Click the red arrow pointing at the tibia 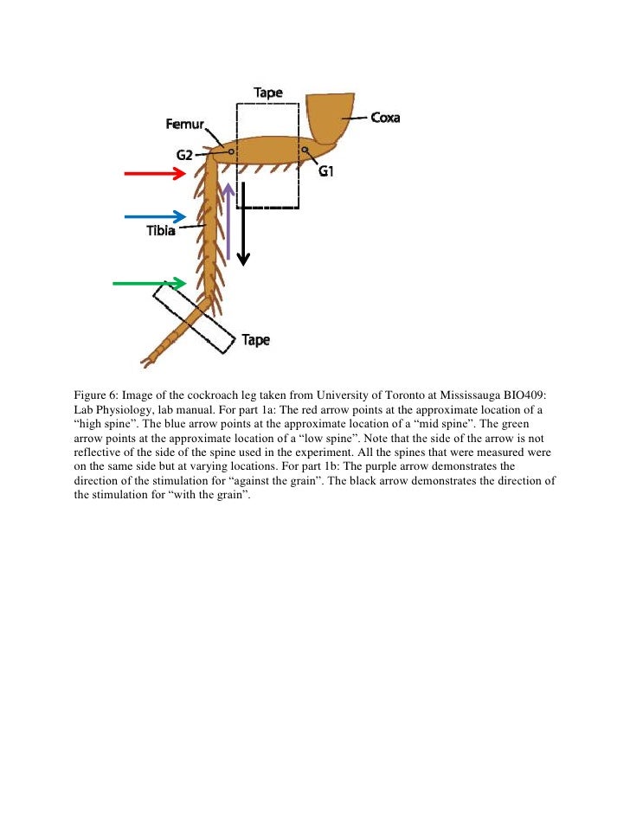[x=156, y=174]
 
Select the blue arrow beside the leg [x=156, y=215]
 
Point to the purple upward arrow [x=228, y=221]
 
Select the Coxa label [x=385, y=118]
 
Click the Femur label [x=184, y=125]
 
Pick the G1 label [x=326, y=172]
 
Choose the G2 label [x=184, y=156]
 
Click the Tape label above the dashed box [x=267, y=93]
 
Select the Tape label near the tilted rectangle [x=255, y=340]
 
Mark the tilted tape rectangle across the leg [x=193, y=319]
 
